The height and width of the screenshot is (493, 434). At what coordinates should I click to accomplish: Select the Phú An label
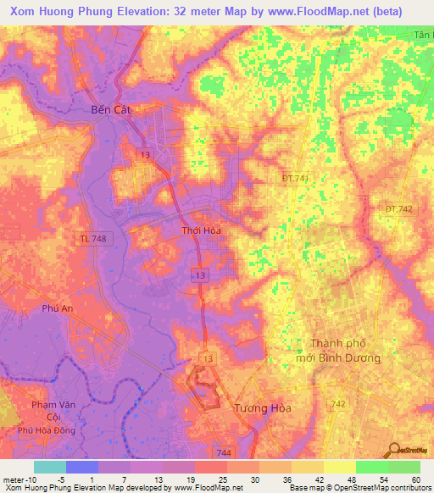pyautogui.click(x=57, y=309)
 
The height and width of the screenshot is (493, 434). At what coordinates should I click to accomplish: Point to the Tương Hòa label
pyautogui.click(x=262, y=407)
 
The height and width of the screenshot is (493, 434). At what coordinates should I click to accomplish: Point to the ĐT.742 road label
pyautogui.click(x=398, y=208)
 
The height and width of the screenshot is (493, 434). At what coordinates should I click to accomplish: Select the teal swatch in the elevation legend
pyautogui.click(x=49, y=467)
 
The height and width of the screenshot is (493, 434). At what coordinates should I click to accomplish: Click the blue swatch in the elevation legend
pyautogui.click(x=81, y=467)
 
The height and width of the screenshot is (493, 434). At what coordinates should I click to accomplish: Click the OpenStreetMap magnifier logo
pyautogui.click(x=395, y=449)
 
